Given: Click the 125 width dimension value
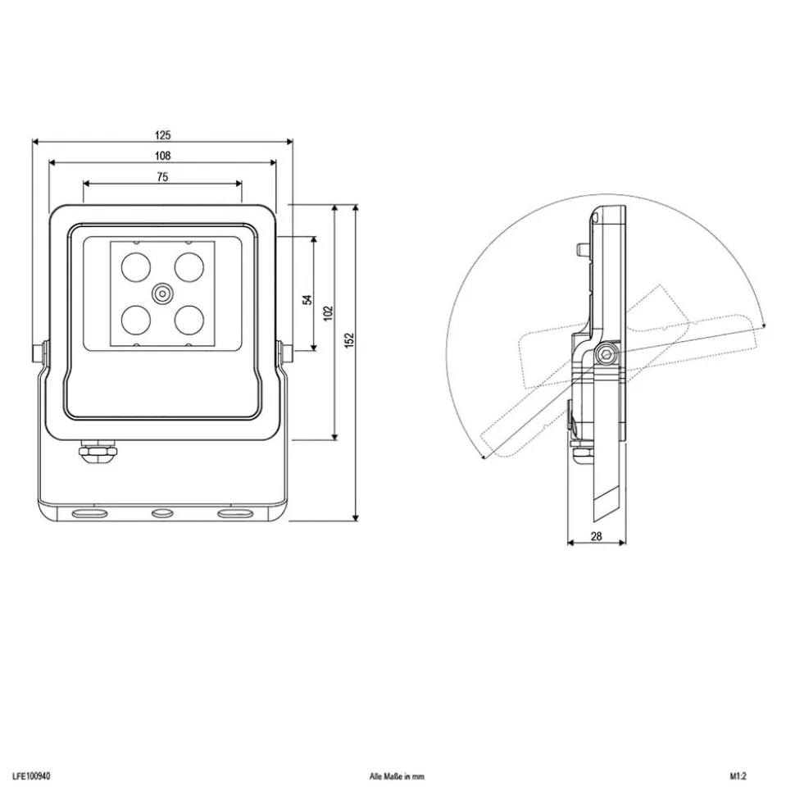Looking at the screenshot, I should point(161,134).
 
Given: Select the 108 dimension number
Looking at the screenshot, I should point(161,155).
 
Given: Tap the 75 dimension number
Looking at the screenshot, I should point(161,176).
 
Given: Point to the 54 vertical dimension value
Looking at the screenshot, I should point(308,299).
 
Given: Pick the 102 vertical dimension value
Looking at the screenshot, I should point(328,313).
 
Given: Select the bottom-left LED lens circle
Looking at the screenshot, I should point(134,319).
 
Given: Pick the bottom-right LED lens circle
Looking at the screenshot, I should point(190,319).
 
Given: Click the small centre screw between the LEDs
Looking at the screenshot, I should point(161,292).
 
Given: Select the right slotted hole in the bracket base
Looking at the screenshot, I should point(231,513).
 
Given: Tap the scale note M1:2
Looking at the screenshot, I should point(740,775).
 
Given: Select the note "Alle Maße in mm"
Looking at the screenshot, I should point(397,775).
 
